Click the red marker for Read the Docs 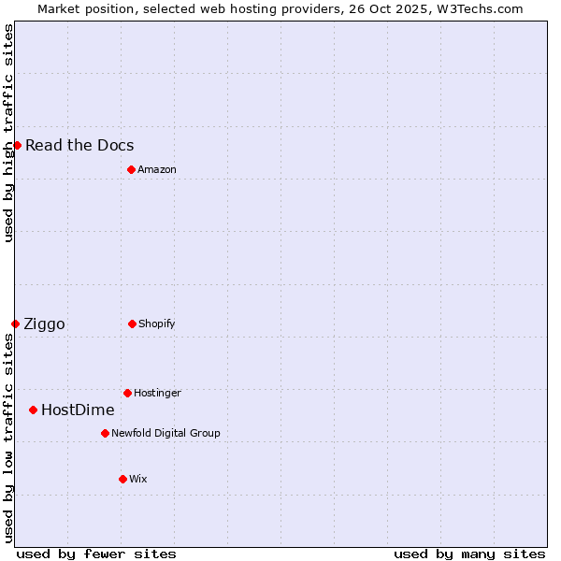point(17,145)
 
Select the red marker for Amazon point(131,169)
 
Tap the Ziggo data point point(15,324)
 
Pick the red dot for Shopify point(132,324)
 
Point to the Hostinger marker point(127,393)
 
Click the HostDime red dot point(33,410)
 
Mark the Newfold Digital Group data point point(105,433)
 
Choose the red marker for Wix point(122,479)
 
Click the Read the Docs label point(79,145)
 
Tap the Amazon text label point(157,169)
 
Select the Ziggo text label point(44,324)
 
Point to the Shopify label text point(157,324)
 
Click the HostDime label point(78,410)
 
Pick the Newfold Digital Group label point(165,433)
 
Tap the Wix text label point(138,479)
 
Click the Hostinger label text point(157,393)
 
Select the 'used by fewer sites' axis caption point(96,554)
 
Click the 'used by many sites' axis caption point(469,554)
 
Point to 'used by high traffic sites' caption point(8,133)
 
